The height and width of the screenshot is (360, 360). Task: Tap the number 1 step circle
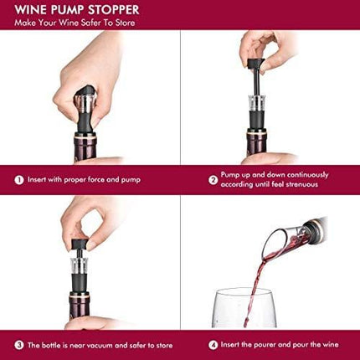click(x=18, y=178)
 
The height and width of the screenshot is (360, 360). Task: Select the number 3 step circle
click(x=18, y=344)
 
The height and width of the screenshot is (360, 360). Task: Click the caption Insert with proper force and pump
click(x=89, y=178)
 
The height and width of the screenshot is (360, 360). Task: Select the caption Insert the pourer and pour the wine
click(x=276, y=344)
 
